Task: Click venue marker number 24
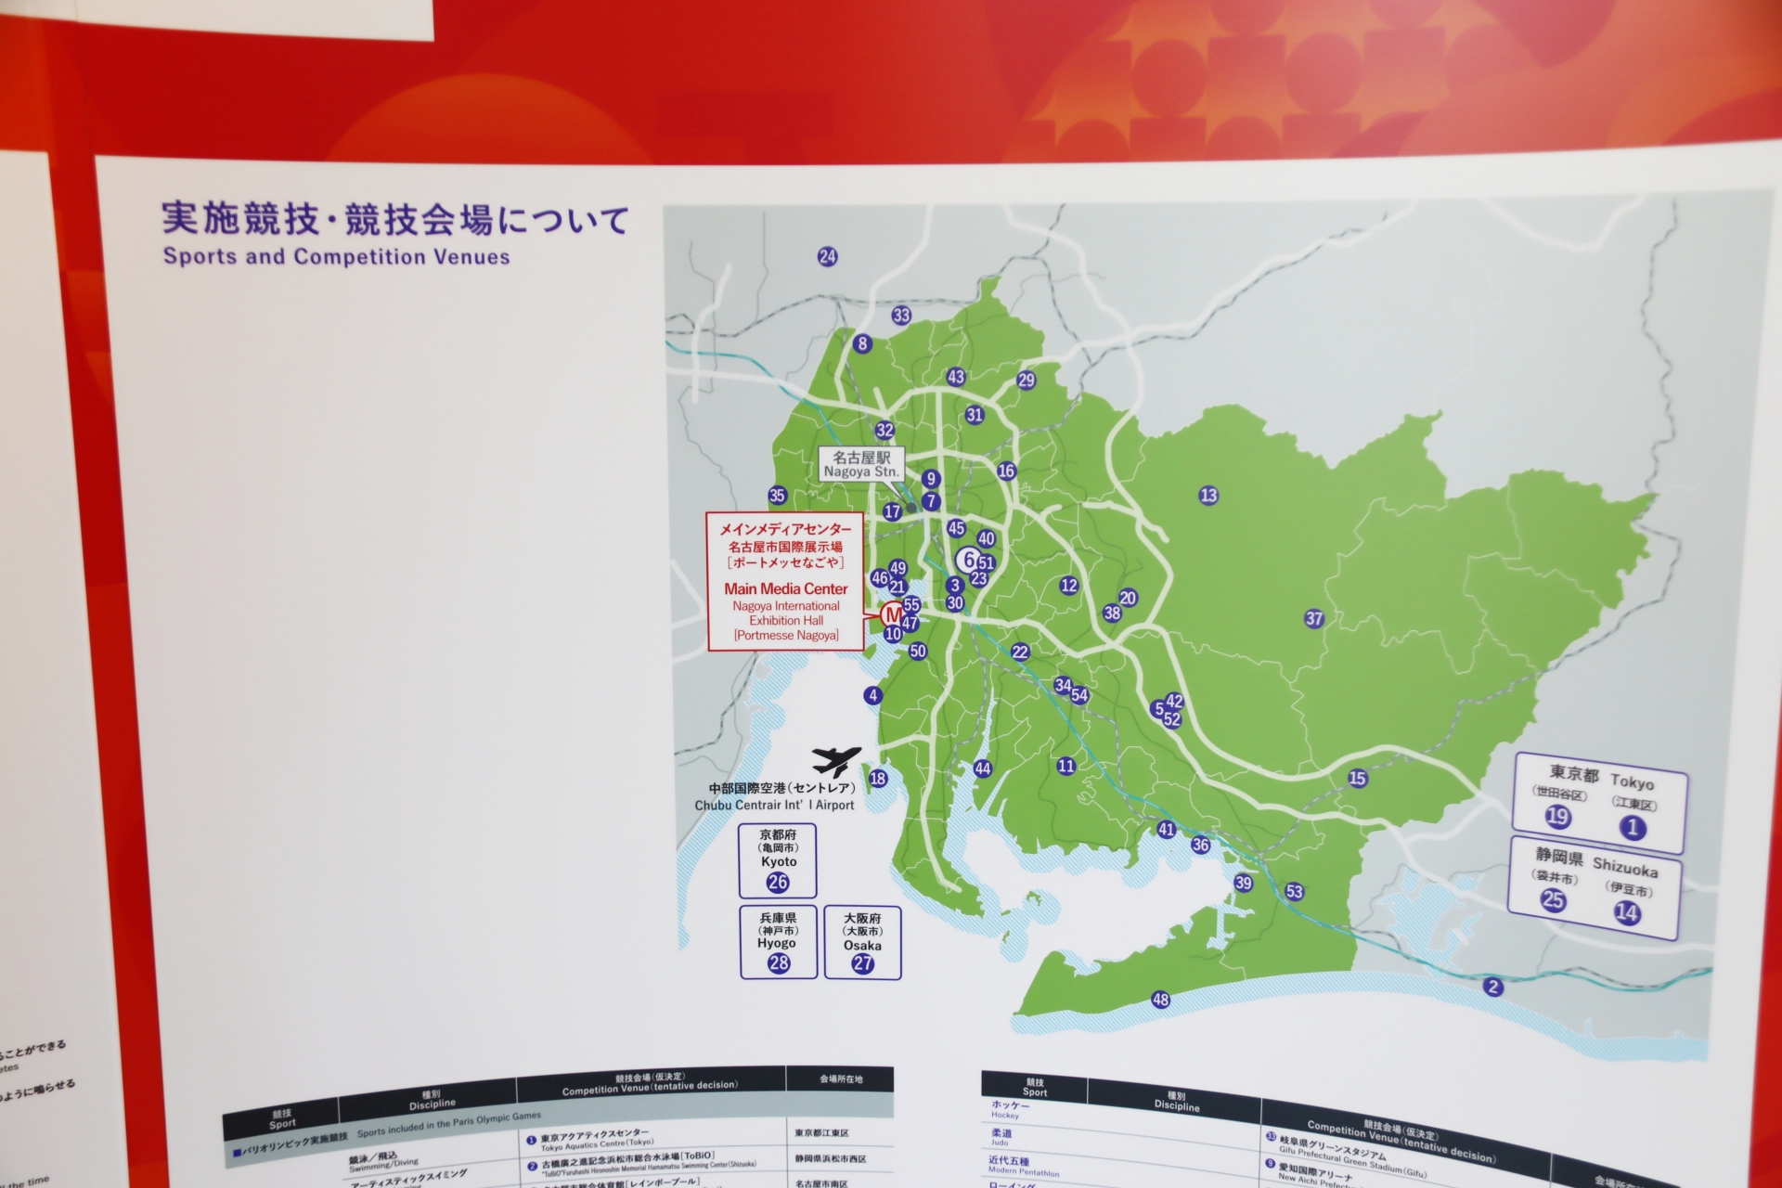(x=827, y=257)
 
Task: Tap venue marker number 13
(x=1207, y=496)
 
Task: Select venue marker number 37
(x=1313, y=619)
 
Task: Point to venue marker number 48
(x=1160, y=1000)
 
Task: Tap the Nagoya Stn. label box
(x=861, y=464)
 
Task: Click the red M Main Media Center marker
(x=891, y=614)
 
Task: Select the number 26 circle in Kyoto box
(x=778, y=883)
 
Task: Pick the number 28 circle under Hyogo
(x=778, y=963)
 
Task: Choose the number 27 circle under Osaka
(x=862, y=963)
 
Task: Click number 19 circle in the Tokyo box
(x=1557, y=817)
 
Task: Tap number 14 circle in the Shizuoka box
(x=1626, y=913)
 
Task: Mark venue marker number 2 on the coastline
(x=1492, y=987)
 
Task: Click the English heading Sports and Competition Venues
(x=336, y=257)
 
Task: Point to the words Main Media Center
(x=786, y=589)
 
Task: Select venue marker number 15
(x=1357, y=778)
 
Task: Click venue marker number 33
(x=901, y=316)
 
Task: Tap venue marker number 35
(x=777, y=496)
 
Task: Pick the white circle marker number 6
(x=969, y=559)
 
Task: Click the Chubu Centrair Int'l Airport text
(x=774, y=806)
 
